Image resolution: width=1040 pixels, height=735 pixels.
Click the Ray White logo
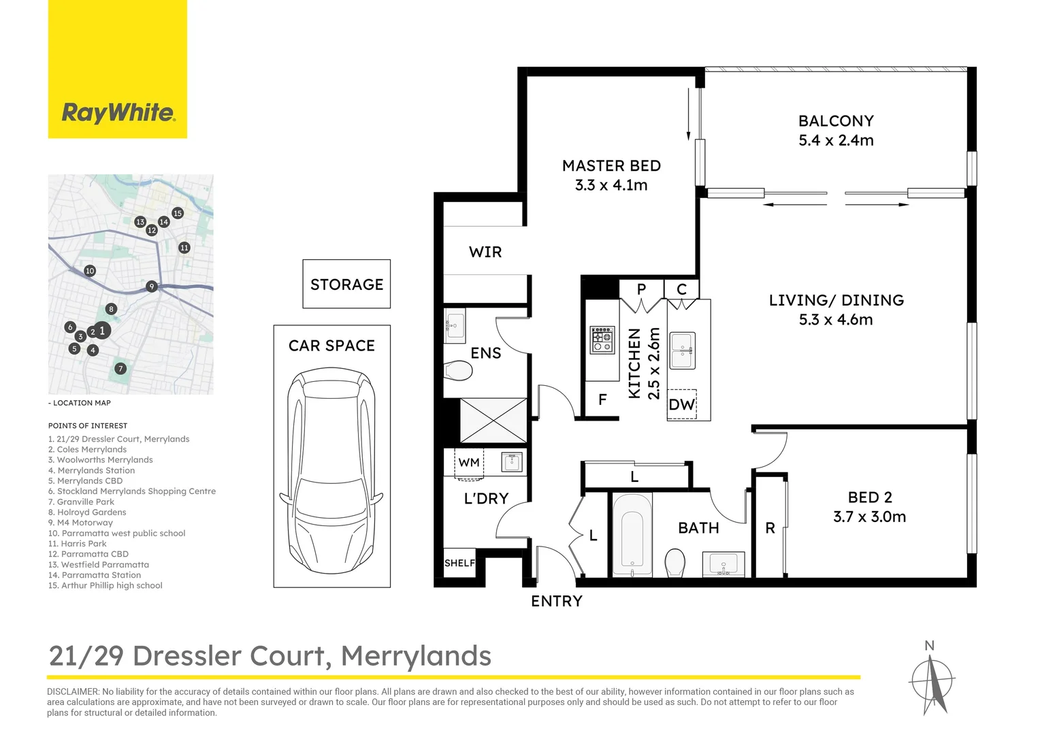(x=118, y=112)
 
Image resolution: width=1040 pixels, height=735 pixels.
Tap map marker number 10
(x=90, y=271)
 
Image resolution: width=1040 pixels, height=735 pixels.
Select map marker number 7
(x=120, y=369)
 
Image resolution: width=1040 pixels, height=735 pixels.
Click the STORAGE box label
(x=346, y=284)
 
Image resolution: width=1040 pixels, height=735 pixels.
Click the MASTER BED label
(x=611, y=166)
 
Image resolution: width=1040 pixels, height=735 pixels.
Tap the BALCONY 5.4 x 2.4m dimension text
(x=836, y=140)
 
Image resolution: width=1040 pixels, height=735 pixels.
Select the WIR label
(x=485, y=252)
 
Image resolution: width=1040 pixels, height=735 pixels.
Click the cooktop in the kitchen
(x=602, y=340)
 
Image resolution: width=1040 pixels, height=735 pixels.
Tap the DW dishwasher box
(x=681, y=405)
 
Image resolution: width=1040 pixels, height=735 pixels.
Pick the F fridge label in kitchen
(x=602, y=400)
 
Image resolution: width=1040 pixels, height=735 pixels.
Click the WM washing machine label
(x=469, y=463)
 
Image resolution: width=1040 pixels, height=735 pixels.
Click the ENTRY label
(x=557, y=602)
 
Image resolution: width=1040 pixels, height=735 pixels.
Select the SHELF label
(x=459, y=563)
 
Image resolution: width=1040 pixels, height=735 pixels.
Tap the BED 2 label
(x=869, y=497)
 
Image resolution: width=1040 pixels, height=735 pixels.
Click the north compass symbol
(x=932, y=681)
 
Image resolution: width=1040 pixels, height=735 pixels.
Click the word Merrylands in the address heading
(x=416, y=656)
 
